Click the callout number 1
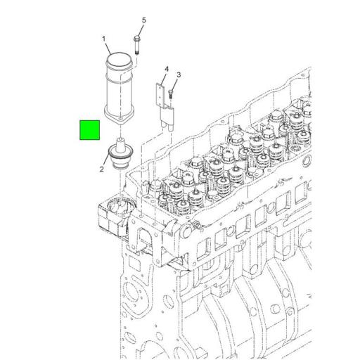103,39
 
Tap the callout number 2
102,169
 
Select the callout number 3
179,75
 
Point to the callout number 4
167,69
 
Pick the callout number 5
144,20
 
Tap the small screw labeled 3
172,91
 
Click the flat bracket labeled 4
161,98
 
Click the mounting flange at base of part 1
119,117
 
